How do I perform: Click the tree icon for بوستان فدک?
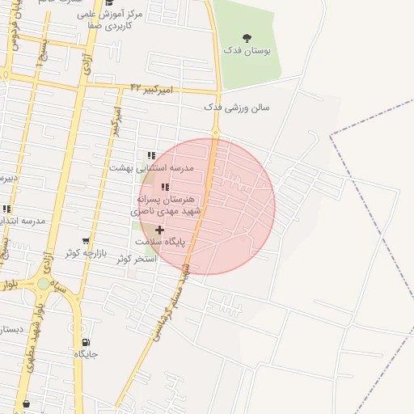tap(247, 37)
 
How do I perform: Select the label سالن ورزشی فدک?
tap(236, 107)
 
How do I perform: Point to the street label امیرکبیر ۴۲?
tap(152, 89)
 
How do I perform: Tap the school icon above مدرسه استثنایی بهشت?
tap(151, 155)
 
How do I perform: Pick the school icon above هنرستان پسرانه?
tap(165, 187)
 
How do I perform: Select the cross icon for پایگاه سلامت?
tap(159, 230)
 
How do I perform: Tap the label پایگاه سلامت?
tap(159, 242)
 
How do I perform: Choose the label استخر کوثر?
tap(135, 258)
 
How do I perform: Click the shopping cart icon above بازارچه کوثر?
tap(86, 241)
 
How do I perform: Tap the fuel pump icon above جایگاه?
tap(86, 343)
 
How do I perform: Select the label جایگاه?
tap(86, 354)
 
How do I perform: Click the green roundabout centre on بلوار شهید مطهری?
tap(44, 284)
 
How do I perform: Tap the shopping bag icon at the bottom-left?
tap(26, 403)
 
